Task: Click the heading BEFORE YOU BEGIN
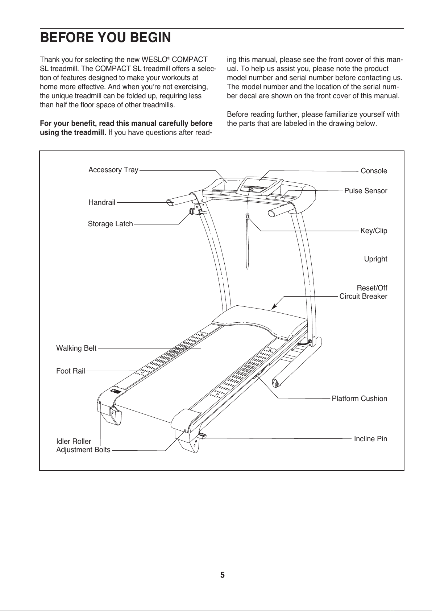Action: [x=105, y=37]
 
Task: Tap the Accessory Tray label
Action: [x=113, y=170]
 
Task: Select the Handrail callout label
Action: [x=102, y=203]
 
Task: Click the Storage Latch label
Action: [x=110, y=224]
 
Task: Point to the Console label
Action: [x=374, y=171]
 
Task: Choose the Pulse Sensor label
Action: [x=365, y=191]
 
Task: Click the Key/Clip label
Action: [x=373, y=231]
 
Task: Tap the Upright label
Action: [x=375, y=259]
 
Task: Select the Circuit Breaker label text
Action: [x=363, y=297]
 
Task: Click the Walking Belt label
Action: [x=76, y=348]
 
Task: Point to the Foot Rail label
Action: [x=71, y=371]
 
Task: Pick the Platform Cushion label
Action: [x=359, y=399]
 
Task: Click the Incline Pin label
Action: [x=370, y=439]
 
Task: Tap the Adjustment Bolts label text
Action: [x=83, y=450]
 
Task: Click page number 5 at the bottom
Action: [x=223, y=575]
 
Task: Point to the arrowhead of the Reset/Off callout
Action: [x=274, y=307]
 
